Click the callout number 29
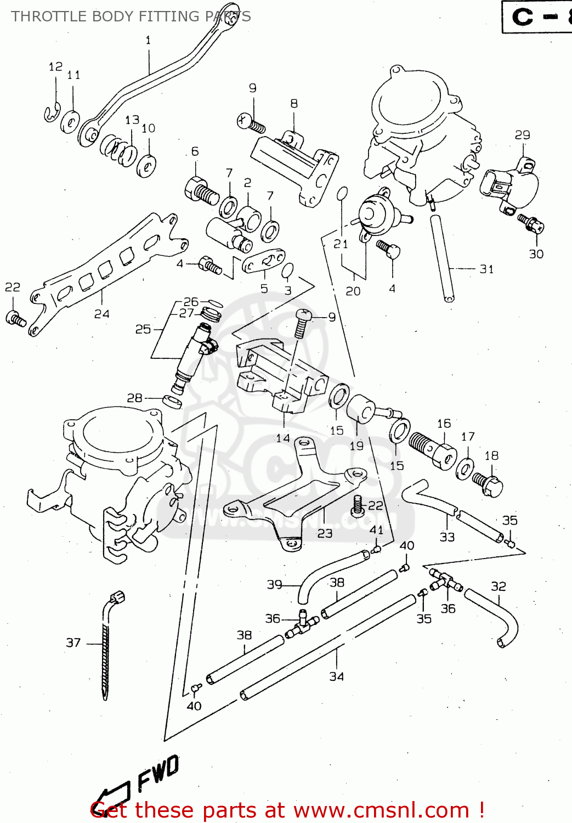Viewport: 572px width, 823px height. (522, 134)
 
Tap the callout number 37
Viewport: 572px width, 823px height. (73, 642)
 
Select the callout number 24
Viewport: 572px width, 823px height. (101, 314)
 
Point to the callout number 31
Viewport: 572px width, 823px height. (486, 269)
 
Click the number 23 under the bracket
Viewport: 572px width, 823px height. (325, 533)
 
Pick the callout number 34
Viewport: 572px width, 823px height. (336, 677)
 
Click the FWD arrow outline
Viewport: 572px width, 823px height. (112, 796)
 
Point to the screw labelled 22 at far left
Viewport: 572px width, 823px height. (15, 319)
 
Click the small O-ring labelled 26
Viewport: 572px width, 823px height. (216, 302)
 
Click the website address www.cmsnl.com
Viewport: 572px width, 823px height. (378, 810)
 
